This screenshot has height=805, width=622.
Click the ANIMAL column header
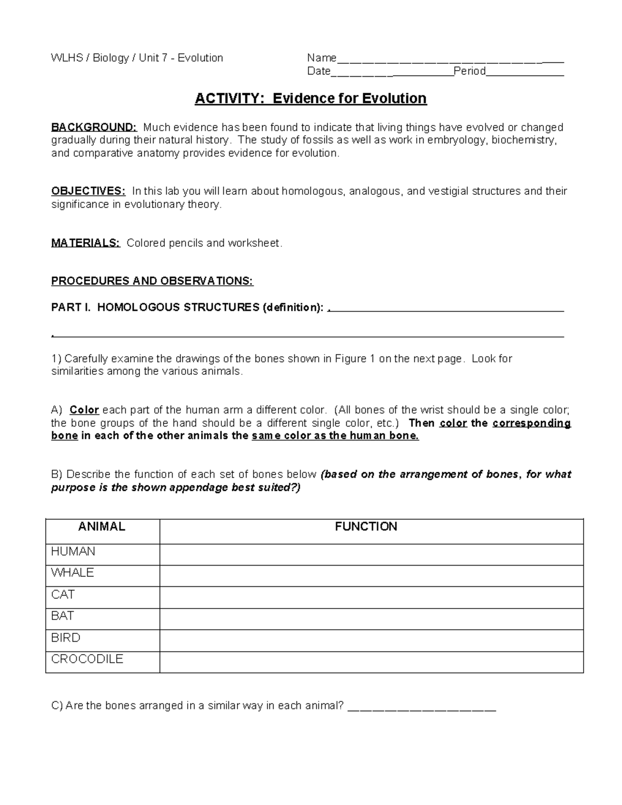click(x=102, y=527)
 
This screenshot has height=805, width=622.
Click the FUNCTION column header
click(x=366, y=527)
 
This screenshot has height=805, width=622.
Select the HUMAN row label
click(x=73, y=552)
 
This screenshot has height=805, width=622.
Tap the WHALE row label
click(x=73, y=573)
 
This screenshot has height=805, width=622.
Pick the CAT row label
click(x=63, y=595)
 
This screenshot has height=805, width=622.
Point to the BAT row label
click(x=62, y=616)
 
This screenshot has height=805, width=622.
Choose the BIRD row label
click(x=65, y=638)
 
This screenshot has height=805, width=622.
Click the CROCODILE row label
click(x=87, y=659)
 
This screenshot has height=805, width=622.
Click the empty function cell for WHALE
click(x=371, y=575)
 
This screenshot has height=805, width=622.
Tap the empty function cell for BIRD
click(x=371, y=640)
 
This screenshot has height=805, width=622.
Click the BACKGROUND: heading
click(x=94, y=128)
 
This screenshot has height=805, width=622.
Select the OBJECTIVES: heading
click(x=88, y=191)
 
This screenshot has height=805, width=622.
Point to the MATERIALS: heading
click(x=86, y=243)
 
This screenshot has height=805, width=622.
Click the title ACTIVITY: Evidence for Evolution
click(x=310, y=98)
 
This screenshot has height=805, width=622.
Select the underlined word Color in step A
click(x=84, y=410)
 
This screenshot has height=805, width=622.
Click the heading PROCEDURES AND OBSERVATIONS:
click(x=152, y=281)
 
